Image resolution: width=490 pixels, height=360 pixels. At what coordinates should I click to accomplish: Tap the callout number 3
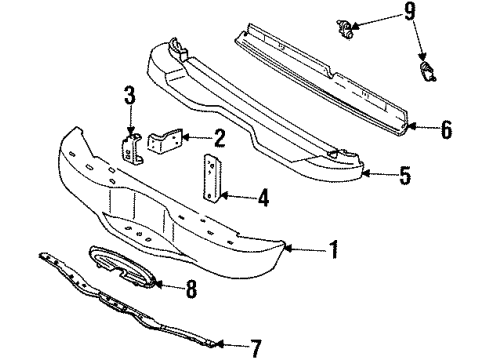tap(129, 97)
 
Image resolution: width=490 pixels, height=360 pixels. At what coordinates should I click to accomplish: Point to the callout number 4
tap(263, 199)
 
